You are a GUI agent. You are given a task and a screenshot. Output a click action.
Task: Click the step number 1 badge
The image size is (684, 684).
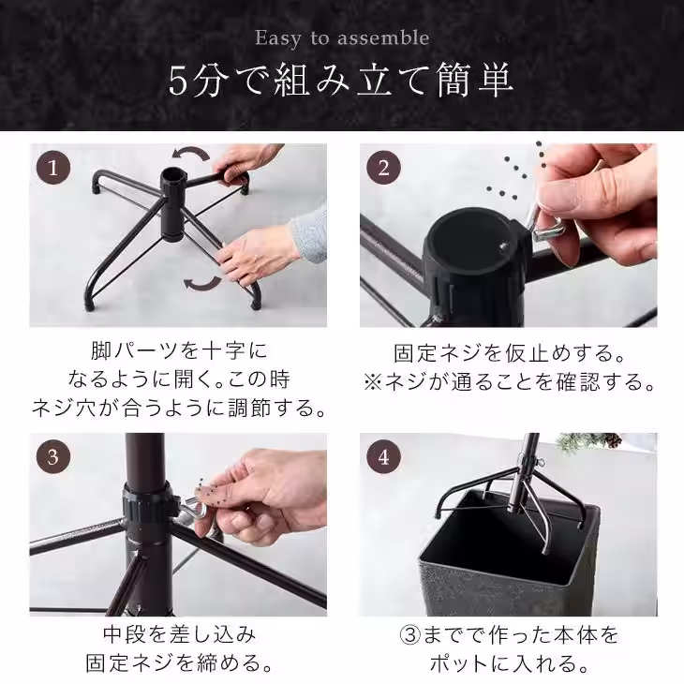[x=53, y=169]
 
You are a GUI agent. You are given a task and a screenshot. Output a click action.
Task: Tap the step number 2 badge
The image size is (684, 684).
[x=383, y=169]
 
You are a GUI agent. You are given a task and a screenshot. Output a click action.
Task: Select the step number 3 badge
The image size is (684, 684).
[x=53, y=457]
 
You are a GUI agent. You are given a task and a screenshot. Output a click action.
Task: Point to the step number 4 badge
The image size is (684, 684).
[x=383, y=457]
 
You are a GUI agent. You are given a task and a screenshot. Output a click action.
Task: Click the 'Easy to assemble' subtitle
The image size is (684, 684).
[x=342, y=38]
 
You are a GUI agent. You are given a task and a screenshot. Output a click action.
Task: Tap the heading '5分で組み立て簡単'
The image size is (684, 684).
[x=342, y=81]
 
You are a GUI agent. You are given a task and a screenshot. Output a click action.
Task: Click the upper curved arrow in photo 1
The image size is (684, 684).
[x=195, y=155]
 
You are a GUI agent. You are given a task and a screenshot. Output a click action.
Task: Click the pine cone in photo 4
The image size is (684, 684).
[x=613, y=439]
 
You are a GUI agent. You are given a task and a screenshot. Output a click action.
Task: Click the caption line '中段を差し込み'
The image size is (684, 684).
[x=178, y=636]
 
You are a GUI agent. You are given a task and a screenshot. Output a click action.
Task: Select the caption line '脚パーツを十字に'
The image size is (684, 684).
[x=178, y=352]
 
